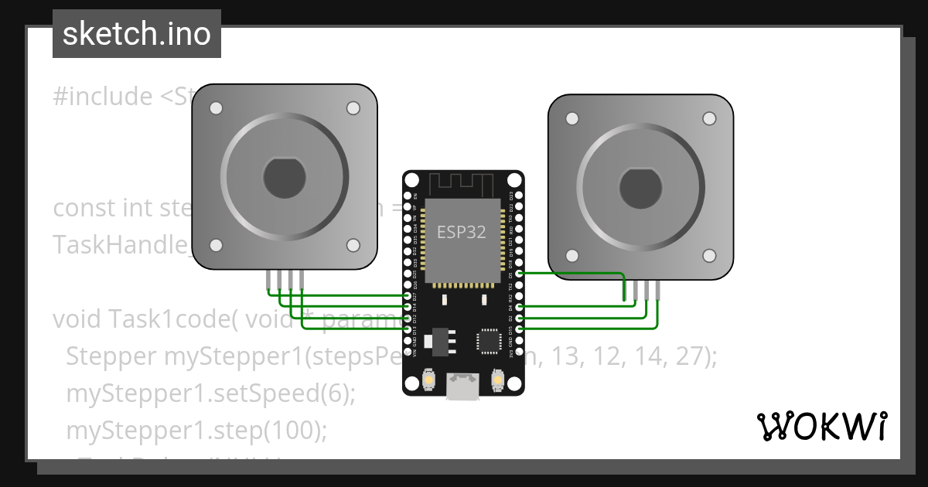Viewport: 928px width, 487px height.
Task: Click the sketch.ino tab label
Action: coord(137,34)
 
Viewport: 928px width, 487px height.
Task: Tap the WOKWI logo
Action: coord(821,426)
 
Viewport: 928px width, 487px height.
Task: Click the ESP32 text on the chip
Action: coord(462,232)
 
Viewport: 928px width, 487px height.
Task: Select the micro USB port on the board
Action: coord(462,387)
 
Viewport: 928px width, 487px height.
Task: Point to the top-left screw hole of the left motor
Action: coord(217,107)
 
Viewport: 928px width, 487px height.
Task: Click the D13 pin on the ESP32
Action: coord(408,329)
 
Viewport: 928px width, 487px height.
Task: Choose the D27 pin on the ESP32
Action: coord(408,296)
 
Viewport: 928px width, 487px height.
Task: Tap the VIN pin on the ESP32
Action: coord(408,350)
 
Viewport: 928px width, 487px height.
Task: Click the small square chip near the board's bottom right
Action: coord(489,341)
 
